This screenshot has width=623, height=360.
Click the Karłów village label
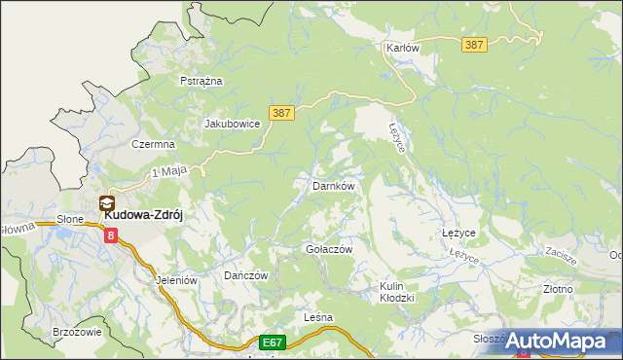click(x=402, y=48)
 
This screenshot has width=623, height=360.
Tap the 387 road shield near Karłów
click(x=475, y=46)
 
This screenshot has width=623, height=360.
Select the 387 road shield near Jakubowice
click(x=280, y=114)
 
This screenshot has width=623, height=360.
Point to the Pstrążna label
click(x=202, y=81)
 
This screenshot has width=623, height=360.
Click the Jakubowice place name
click(x=232, y=124)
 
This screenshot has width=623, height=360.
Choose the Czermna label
click(x=153, y=144)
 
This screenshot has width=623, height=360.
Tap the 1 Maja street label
click(x=168, y=172)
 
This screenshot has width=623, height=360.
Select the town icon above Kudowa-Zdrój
click(x=106, y=204)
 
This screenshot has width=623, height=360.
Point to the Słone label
click(x=70, y=219)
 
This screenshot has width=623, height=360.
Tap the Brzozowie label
click(x=77, y=332)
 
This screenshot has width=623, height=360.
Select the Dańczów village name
click(x=245, y=275)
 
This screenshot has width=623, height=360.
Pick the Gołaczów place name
click(x=329, y=249)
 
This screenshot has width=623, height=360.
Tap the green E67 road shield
click(x=273, y=342)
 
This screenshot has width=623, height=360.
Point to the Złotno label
click(x=558, y=289)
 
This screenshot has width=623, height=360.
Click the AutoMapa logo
click(x=557, y=341)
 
